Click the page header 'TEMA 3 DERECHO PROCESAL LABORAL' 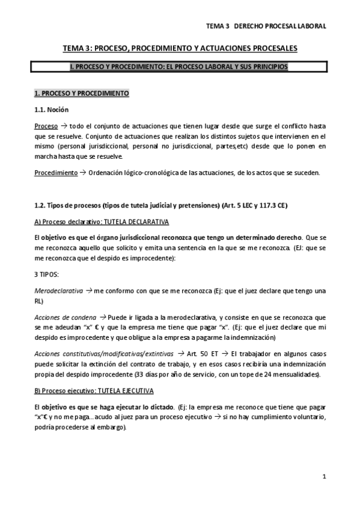[x=266, y=26]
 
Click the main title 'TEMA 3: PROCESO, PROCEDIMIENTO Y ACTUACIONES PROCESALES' [x=180, y=48]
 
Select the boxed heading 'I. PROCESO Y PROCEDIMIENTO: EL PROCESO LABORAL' [x=180, y=67]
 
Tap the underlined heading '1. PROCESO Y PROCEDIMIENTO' [x=81, y=94]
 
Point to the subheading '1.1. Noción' [x=51, y=110]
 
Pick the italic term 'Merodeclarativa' [x=58, y=290]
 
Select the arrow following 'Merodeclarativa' [x=88, y=290]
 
